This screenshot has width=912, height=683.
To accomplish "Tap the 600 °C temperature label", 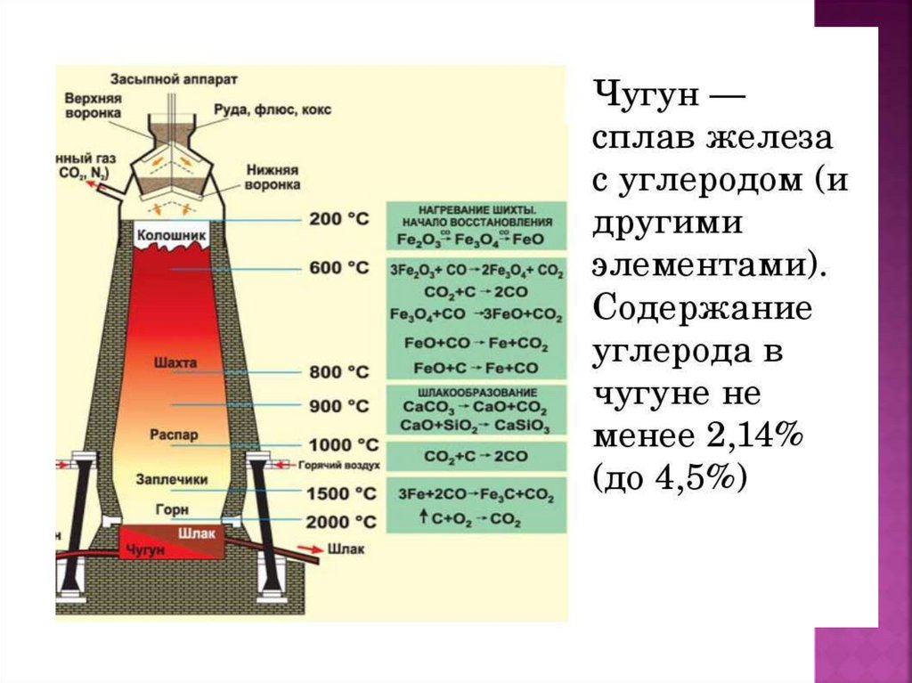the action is [x=338, y=267].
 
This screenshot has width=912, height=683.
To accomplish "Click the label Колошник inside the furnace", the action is [x=171, y=234].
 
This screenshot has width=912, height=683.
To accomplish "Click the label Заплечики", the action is [x=172, y=479].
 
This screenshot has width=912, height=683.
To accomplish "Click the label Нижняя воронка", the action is [x=272, y=176].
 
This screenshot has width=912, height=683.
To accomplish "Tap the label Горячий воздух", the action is [x=339, y=465].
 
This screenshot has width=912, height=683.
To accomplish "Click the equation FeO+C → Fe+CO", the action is [x=476, y=367].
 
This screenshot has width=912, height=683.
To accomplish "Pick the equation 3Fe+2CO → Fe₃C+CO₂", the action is [x=476, y=495].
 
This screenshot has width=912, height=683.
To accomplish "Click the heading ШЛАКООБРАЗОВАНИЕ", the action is [x=476, y=393].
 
